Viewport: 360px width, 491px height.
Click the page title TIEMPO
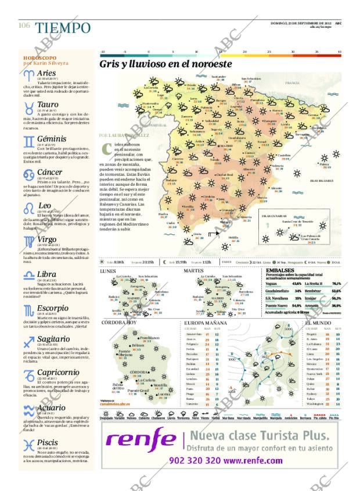tap(62, 28)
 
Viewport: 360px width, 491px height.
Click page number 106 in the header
tap(24, 25)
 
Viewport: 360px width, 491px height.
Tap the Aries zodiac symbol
tap(28, 75)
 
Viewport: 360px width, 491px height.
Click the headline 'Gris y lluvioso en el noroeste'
tap(165, 64)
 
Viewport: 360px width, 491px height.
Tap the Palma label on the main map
tap(324, 164)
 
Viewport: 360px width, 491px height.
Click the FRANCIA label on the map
tap(292, 84)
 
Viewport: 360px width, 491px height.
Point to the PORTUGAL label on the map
tap(158, 124)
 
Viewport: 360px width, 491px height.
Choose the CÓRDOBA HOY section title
tap(120, 322)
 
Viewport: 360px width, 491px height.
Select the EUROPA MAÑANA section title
tap(206, 322)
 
